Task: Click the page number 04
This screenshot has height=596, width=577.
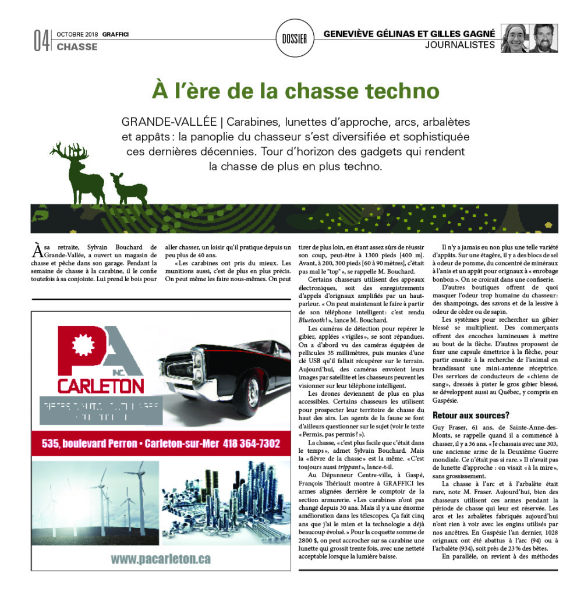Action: (41, 40)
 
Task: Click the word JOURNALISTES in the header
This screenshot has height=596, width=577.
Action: (460, 45)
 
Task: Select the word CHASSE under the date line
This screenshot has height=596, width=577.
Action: (77, 47)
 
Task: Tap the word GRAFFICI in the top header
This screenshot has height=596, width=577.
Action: (115, 34)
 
